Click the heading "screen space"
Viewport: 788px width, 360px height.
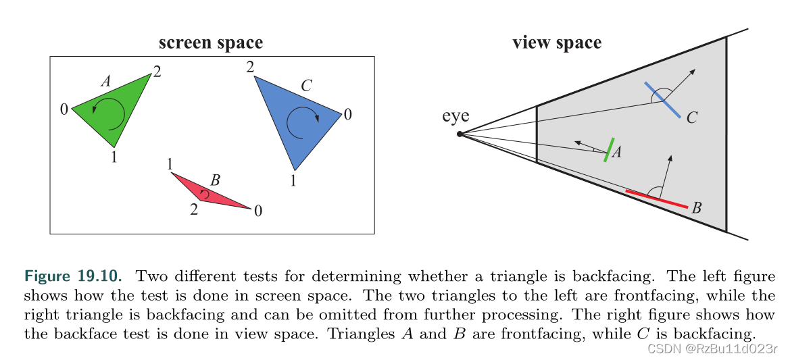click(210, 43)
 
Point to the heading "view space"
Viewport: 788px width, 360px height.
click(556, 43)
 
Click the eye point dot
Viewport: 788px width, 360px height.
click(460, 134)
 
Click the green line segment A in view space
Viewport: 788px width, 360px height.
click(610, 150)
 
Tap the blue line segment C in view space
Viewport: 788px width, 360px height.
click(662, 100)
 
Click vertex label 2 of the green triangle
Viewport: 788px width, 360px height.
click(157, 71)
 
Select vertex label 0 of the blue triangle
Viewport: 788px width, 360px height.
click(347, 115)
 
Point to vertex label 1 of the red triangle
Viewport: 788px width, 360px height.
click(170, 164)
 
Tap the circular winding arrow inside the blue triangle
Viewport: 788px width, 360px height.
click(302, 122)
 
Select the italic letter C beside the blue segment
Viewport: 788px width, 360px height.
click(691, 119)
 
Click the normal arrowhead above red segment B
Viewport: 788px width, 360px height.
click(670, 158)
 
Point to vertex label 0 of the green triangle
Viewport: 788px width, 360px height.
click(64, 109)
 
